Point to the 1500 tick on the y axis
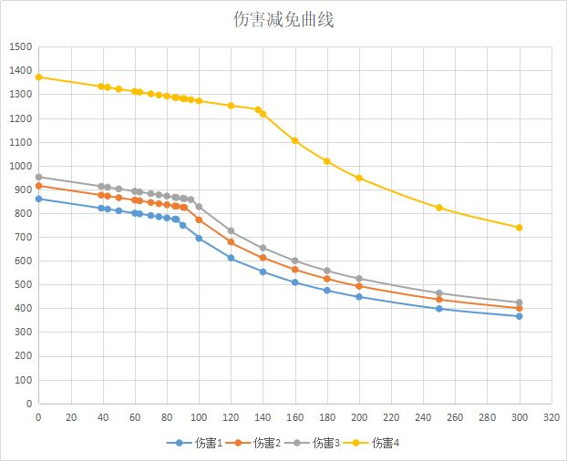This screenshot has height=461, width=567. (x=20, y=47)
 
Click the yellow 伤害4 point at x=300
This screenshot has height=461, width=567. (x=520, y=228)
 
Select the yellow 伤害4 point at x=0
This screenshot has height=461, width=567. (x=38, y=77)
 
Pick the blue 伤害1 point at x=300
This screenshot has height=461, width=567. (x=520, y=316)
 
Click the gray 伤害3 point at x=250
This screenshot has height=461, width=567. (x=439, y=293)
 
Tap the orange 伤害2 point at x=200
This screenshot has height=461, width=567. (x=359, y=286)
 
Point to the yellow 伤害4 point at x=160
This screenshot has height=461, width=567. (x=294, y=140)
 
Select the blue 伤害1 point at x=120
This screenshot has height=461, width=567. (x=231, y=258)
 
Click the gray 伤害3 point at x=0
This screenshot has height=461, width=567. (x=38, y=177)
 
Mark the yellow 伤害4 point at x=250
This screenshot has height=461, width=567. (x=439, y=208)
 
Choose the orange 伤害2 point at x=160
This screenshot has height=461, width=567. (x=294, y=270)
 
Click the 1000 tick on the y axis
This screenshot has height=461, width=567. (x=20, y=166)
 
